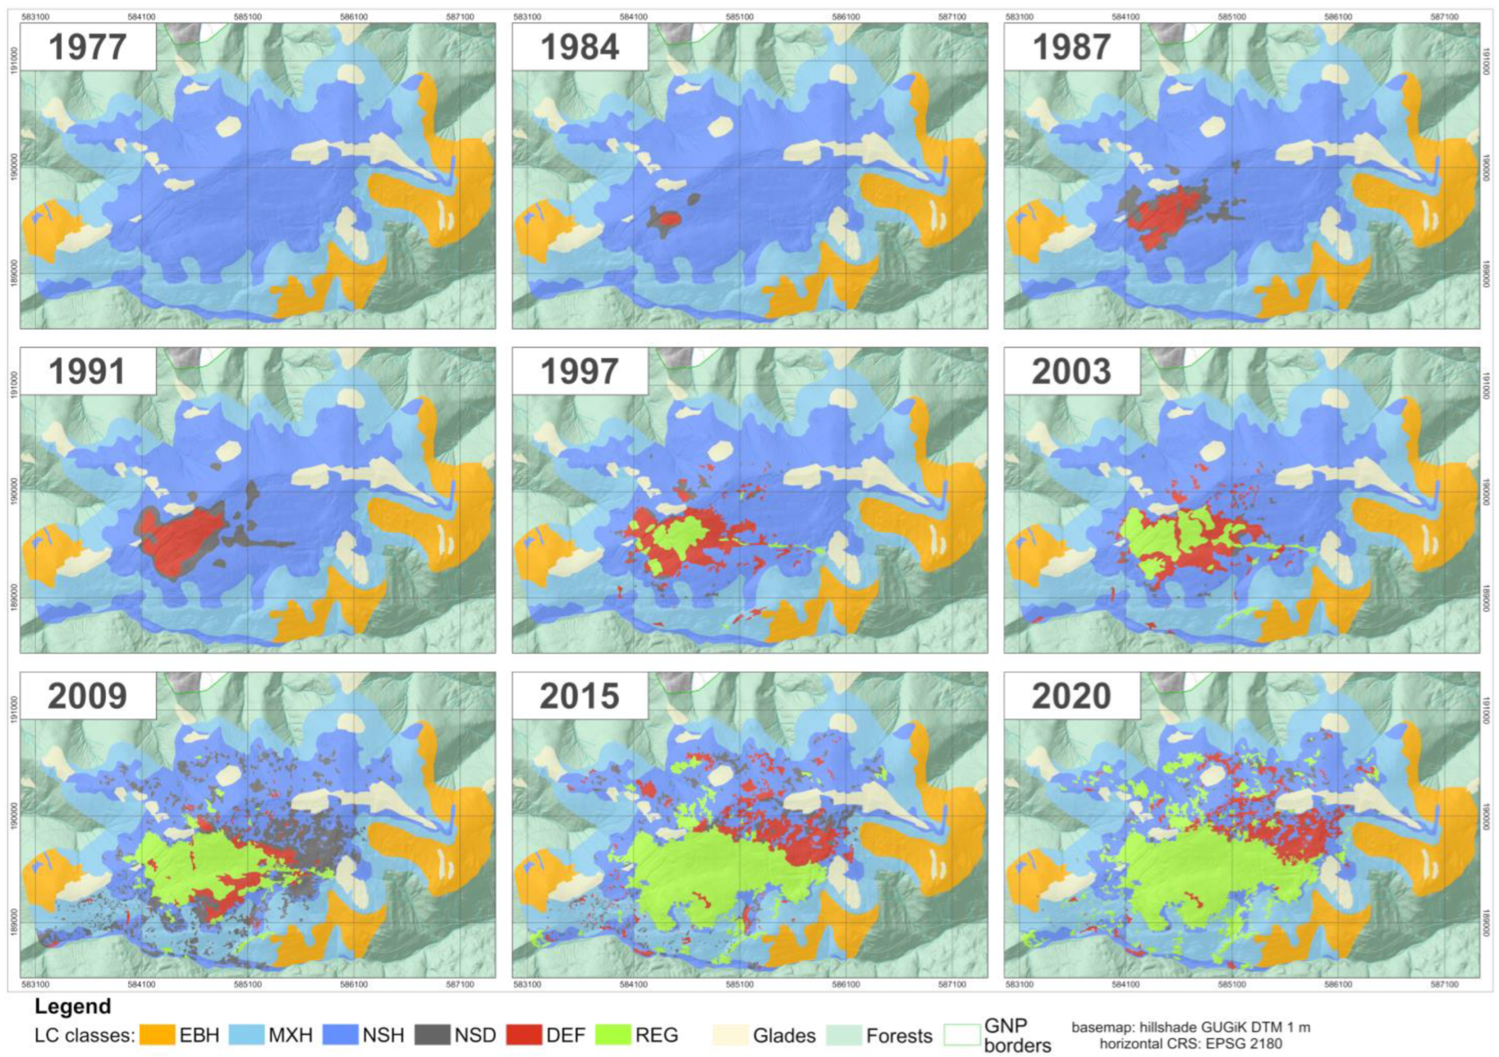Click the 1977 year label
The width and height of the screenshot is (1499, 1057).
pos(88,47)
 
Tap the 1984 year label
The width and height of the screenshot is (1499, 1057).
pos(580,47)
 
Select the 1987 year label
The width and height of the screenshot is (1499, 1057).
pos(1071,47)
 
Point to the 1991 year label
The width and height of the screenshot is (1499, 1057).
pos(88,371)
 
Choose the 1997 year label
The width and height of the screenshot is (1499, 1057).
pos(580,371)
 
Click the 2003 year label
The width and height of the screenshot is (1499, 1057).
pos(1071,371)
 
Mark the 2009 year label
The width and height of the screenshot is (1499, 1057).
pos(88,696)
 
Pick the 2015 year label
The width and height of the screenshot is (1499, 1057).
pos(580,696)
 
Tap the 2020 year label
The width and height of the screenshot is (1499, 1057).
pos(1071,696)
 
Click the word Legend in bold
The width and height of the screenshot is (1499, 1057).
pos(72,1006)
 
